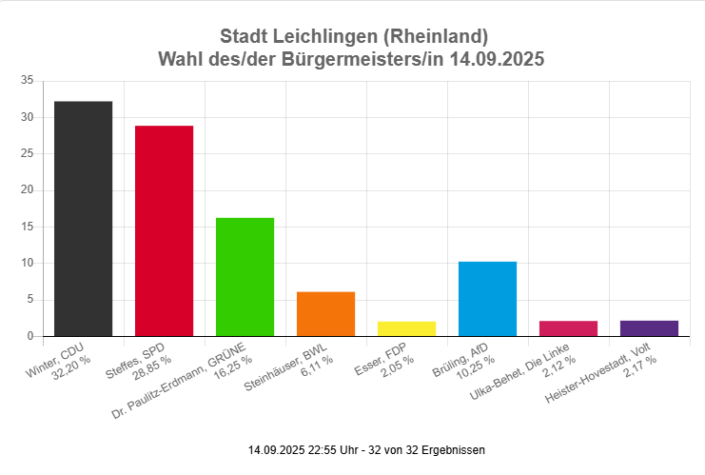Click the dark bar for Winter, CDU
pos(84,219)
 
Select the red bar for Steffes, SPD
pos(165,231)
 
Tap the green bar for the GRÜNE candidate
pos(245,277)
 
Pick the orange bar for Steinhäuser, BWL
pos(326,314)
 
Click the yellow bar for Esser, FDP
pos(407,328)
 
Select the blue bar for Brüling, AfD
pos(488,299)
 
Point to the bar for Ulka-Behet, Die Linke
pos(569,328)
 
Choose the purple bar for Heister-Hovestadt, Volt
pos(650,328)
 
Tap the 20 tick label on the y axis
pos(27,190)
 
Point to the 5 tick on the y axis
pos(30,300)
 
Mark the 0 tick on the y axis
pos(30,336)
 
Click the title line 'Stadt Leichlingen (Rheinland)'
pos(353,37)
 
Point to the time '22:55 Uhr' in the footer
pos(330,449)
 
